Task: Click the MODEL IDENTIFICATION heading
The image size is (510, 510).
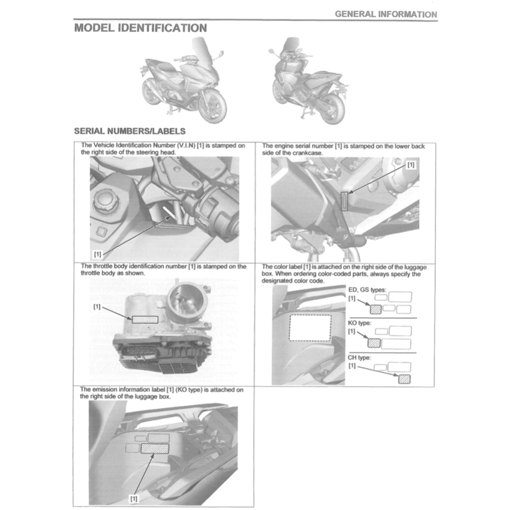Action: (x=140, y=28)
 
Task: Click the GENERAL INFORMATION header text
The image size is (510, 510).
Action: (x=386, y=14)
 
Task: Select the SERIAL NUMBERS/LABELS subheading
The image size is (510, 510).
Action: (x=129, y=131)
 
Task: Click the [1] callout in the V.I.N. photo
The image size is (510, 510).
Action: (x=98, y=254)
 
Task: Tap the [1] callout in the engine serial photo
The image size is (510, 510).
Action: (x=410, y=164)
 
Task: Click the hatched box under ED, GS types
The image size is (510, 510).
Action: (x=376, y=309)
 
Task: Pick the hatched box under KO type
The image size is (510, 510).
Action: (x=374, y=342)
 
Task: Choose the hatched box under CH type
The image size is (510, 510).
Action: (x=404, y=379)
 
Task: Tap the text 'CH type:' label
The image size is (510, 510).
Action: (x=359, y=357)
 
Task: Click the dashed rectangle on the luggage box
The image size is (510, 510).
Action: (x=310, y=327)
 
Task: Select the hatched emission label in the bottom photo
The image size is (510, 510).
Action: (x=155, y=449)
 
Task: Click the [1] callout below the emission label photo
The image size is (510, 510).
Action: (x=133, y=498)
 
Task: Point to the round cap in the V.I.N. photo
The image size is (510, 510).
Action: (x=106, y=202)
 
